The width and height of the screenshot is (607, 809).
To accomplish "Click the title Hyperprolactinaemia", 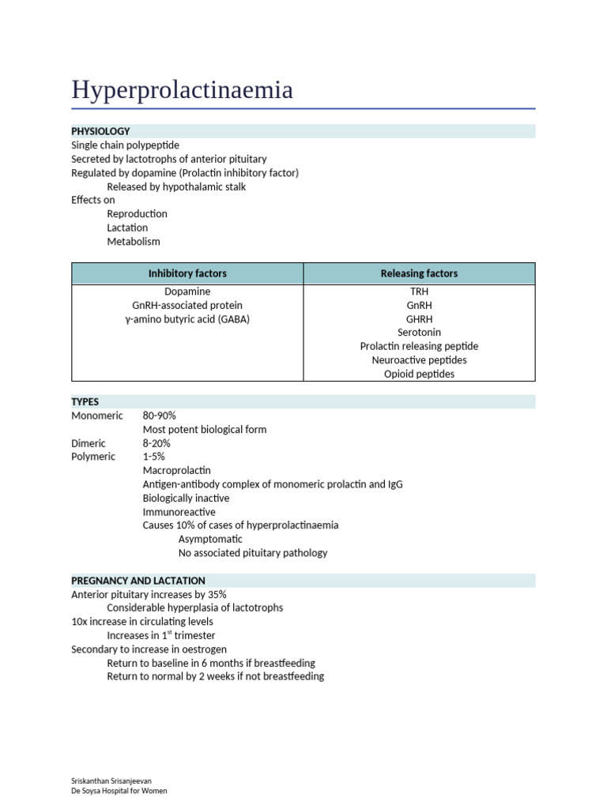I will tap(182, 90).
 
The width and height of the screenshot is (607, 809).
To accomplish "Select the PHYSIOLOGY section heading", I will tap(100, 131).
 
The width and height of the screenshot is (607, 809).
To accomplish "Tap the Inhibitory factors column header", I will tap(187, 273).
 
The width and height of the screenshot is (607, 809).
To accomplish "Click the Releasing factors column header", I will tap(419, 273).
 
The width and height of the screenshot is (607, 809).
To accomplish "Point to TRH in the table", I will tap(419, 292).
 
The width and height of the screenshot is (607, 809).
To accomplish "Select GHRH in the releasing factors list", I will tap(419, 319).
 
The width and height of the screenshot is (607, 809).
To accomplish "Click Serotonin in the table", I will tap(419, 333).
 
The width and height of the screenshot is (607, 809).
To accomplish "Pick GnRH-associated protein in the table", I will tap(187, 305).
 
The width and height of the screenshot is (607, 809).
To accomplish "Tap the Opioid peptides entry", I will tap(419, 374).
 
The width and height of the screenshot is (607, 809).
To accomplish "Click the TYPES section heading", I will tap(85, 402).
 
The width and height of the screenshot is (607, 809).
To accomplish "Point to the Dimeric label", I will tap(88, 443).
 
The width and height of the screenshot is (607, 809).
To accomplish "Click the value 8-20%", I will tap(156, 443).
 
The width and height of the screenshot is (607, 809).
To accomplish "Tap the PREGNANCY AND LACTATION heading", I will tap(138, 581).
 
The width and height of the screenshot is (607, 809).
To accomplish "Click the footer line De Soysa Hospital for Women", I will tap(119, 791).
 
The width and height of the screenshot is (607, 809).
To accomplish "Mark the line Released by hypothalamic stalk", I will tap(176, 186).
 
